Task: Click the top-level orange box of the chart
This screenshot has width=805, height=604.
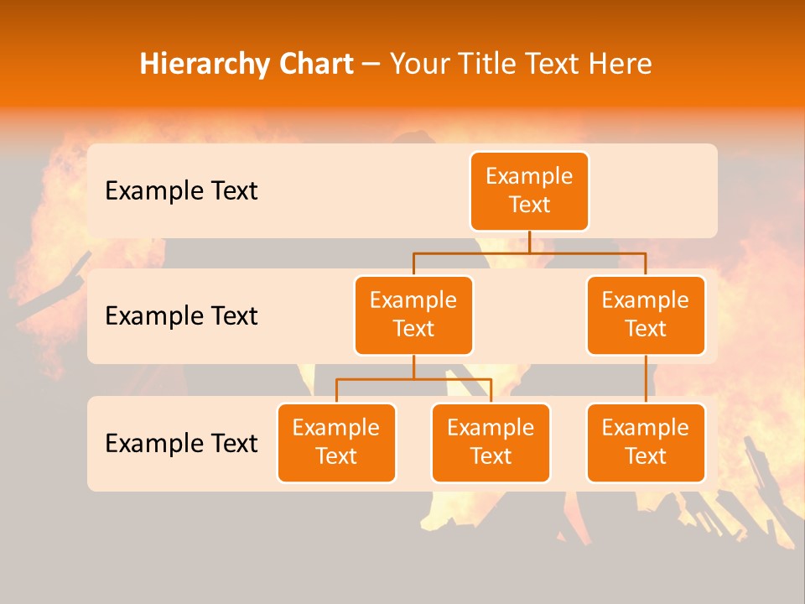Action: click(529, 190)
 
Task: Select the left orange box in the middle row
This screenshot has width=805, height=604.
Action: click(413, 315)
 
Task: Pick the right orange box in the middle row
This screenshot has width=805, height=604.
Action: click(646, 315)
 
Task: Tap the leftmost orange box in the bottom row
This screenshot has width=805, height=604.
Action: click(336, 442)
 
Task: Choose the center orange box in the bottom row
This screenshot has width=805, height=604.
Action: click(491, 442)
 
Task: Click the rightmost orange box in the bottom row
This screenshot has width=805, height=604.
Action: click(646, 442)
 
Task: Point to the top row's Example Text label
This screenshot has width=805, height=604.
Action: click(181, 191)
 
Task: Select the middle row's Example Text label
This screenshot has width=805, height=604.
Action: click(181, 316)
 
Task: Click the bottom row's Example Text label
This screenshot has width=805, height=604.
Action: click(181, 443)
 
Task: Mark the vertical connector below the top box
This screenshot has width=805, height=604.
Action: click(529, 242)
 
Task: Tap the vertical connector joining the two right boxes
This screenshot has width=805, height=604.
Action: click(646, 379)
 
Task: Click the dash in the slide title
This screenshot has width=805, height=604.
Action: click(371, 65)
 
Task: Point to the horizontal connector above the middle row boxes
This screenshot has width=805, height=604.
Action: click(529, 253)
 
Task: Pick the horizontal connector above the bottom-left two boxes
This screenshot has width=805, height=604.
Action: click(413, 379)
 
